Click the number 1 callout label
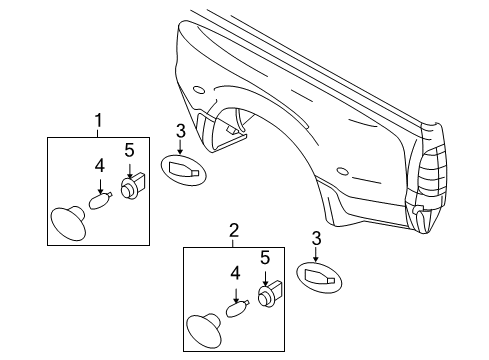tap(98, 122)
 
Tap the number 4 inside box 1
tap(100, 167)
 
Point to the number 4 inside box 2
tap(235, 273)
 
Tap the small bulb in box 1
tap(98, 200)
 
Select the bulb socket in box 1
tap(130, 188)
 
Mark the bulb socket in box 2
tap(267, 296)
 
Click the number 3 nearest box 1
tap(180, 130)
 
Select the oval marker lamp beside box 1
tap(181, 171)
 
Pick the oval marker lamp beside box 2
tap(319, 279)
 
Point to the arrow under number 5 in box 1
tap(128, 169)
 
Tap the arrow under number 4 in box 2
tap(235, 292)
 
